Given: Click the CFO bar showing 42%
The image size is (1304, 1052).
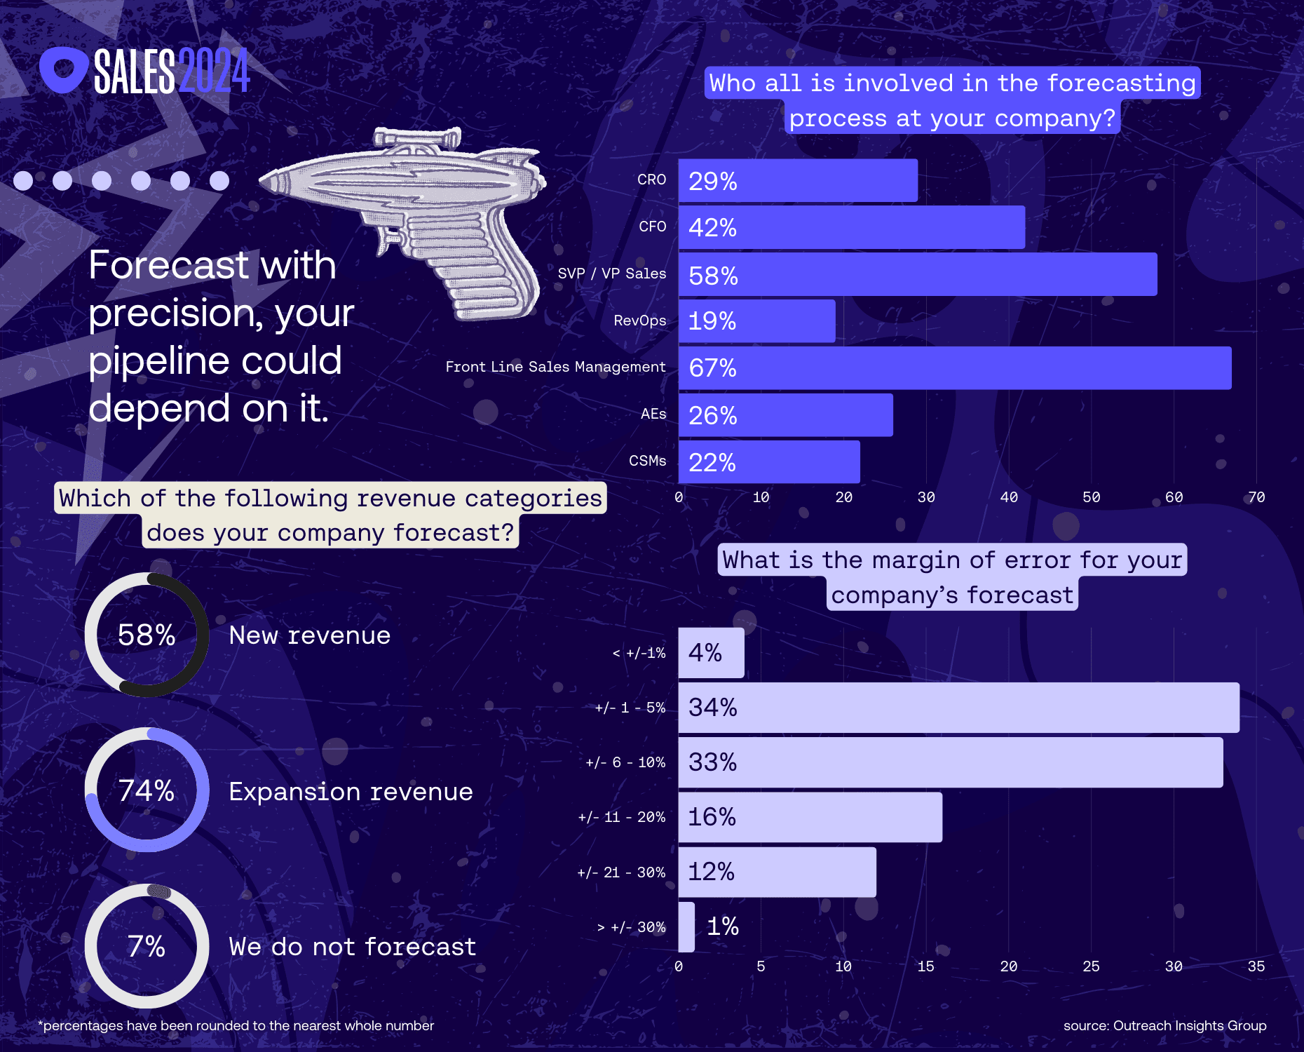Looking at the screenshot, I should pyautogui.click(x=851, y=227).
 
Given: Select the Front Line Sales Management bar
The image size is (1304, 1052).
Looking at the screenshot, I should pyautogui.click(x=954, y=368).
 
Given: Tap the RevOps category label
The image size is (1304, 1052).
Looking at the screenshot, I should pyautogui.click(x=639, y=321).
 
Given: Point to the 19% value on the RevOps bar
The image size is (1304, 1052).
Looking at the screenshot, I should pyautogui.click(x=712, y=321).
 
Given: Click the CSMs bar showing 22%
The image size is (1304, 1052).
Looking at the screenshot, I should pyautogui.click(x=768, y=462).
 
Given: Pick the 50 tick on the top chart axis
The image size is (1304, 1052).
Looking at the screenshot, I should pyautogui.click(x=1091, y=497).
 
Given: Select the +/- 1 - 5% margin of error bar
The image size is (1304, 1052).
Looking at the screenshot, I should pyautogui.click(x=958, y=708).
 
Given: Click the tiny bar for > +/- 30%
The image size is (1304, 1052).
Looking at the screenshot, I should pyautogui.click(x=686, y=926).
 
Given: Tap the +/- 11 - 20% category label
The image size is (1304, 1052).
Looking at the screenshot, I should pyautogui.click(x=621, y=817).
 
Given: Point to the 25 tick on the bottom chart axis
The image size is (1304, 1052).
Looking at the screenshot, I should pyautogui.click(x=1091, y=966).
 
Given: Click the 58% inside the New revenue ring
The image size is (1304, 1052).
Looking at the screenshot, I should pyautogui.click(x=147, y=635).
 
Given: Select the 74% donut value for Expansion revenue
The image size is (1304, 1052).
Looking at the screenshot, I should pyautogui.click(x=147, y=790).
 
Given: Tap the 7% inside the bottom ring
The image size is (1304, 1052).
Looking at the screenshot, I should pyautogui.click(x=147, y=946).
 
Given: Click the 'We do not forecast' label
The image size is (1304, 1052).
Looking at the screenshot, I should pyautogui.click(x=352, y=947).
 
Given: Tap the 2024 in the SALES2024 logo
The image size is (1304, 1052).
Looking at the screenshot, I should pyautogui.click(x=214, y=71).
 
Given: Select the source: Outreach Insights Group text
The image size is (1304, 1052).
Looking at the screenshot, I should pyautogui.click(x=1164, y=1025).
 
